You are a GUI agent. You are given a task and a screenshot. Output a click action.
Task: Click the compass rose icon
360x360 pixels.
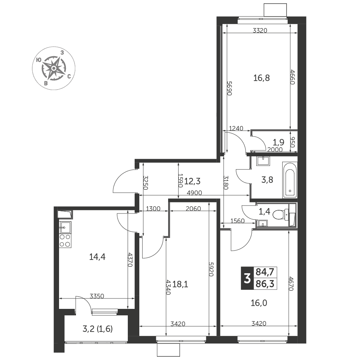[x=54, y=68]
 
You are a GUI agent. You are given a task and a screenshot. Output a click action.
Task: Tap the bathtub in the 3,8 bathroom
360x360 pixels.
[x=290, y=180]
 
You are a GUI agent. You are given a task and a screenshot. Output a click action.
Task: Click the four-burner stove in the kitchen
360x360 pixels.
[x=65, y=241]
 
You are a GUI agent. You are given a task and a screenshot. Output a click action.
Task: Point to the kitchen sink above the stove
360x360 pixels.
[x=65, y=228]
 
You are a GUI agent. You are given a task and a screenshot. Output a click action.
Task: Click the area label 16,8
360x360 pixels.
[x=261, y=78]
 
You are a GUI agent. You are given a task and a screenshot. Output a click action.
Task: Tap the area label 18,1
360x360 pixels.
[x=180, y=285]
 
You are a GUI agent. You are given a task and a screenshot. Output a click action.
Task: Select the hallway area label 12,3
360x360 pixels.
[x=192, y=181]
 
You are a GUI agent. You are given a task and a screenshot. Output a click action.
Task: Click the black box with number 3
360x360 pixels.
[x=247, y=278]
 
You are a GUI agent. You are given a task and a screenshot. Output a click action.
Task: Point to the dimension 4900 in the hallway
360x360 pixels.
[x=194, y=193]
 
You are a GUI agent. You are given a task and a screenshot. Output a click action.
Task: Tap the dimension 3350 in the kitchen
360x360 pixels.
[x=97, y=296]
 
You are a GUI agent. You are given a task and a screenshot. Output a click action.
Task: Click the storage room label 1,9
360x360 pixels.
[x=279, y=142]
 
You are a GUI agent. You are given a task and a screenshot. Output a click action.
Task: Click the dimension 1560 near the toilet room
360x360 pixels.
[x=238, y=221]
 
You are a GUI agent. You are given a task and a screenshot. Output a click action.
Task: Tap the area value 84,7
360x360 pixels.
[x=265, y=272]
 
